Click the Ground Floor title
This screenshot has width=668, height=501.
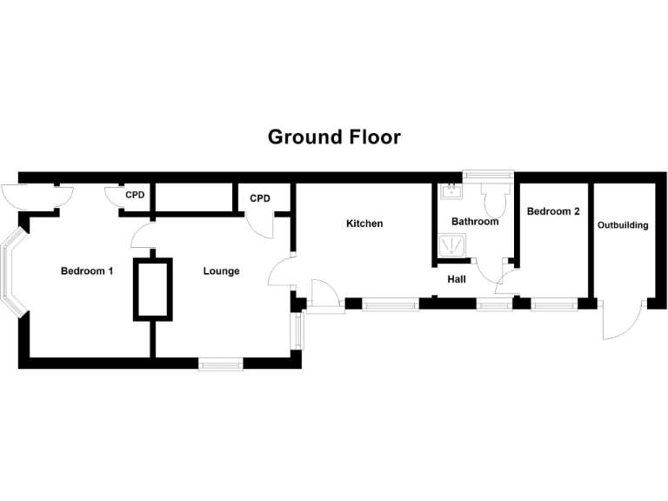[334, 137]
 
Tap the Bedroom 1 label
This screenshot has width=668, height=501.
[87, 271]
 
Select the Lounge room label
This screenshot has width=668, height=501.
[221, 271]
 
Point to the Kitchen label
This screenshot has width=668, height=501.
[364, 224]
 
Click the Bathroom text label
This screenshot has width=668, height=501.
[475, 222]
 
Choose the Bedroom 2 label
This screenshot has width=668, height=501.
[553, 211]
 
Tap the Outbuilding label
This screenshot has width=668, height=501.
[623, 225]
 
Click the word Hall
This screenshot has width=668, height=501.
[457, 279]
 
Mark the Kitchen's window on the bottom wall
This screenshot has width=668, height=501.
[390, 304]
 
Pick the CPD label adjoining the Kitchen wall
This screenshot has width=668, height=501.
[260, 198]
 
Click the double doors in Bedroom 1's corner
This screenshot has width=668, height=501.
[37, 196]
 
